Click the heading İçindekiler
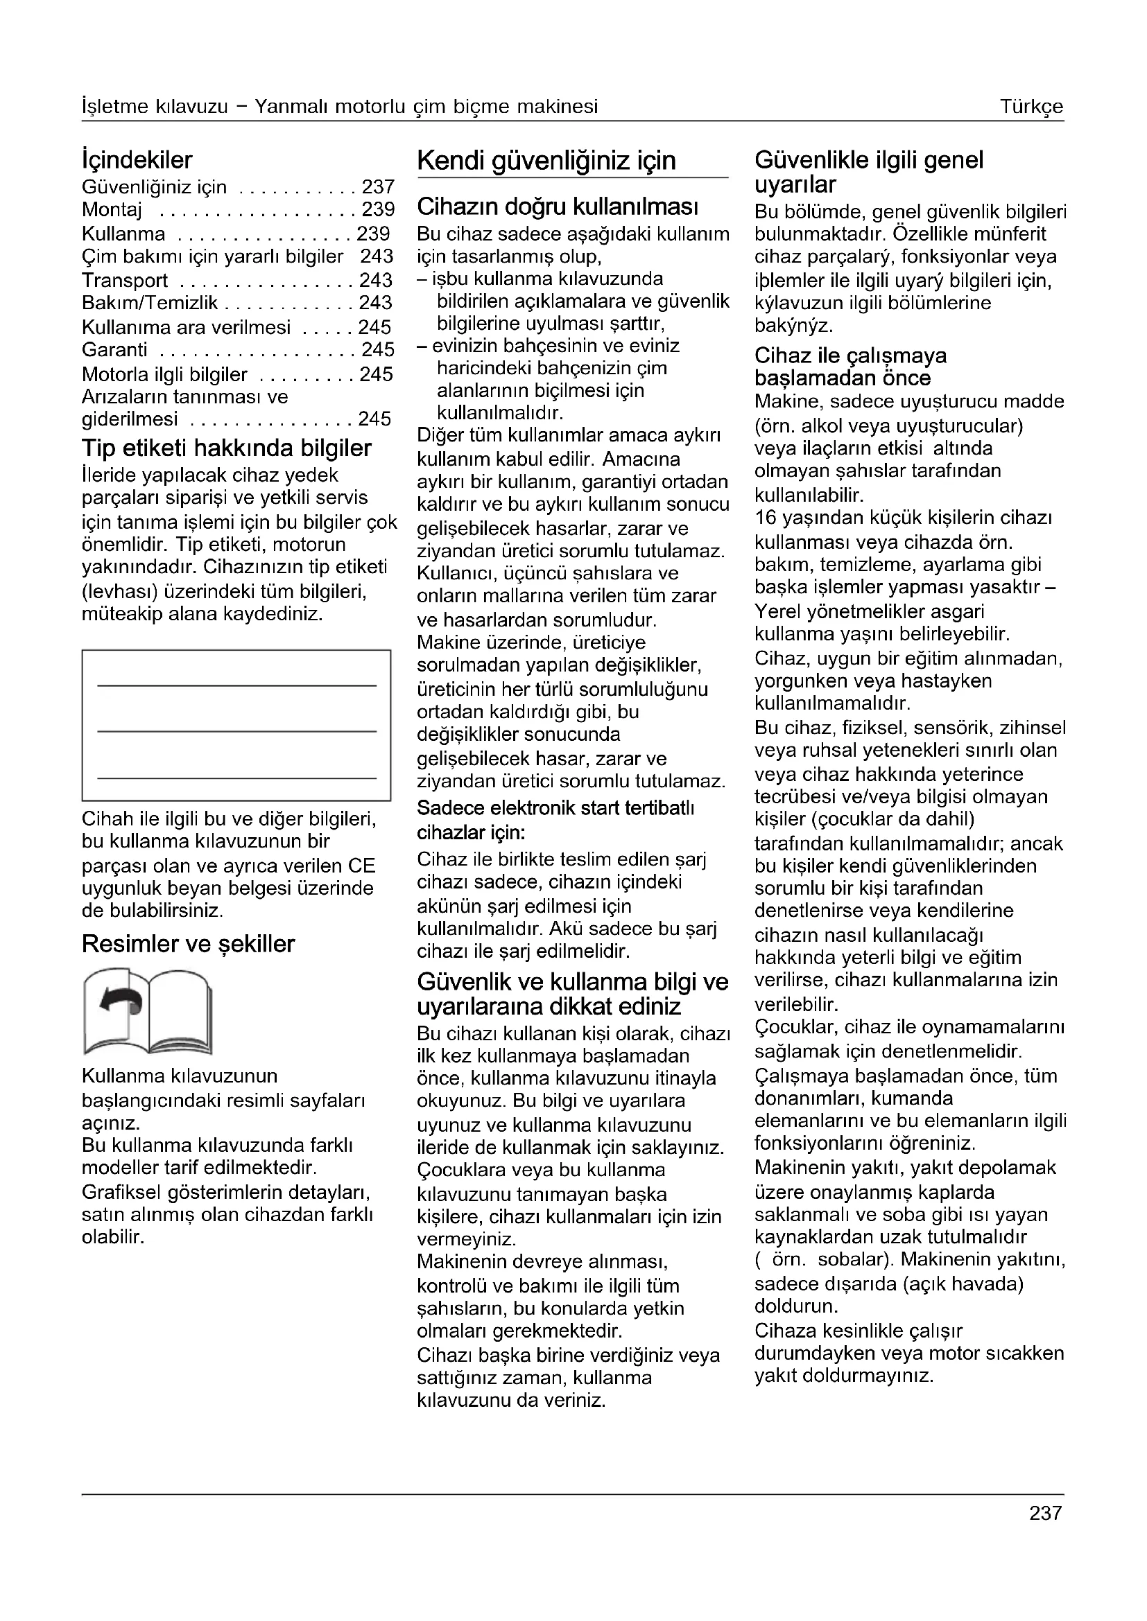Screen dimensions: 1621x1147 click(x=137, y=160)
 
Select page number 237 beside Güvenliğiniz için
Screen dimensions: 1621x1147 click(x=378, y=187)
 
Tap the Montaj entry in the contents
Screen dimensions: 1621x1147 click(x=112, y=210)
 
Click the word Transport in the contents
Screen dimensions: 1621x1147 click(x=125, y=280)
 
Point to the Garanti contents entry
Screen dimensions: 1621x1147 click(x=114, y=349)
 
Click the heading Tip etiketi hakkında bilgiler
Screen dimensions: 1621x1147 click(x=227, y=448)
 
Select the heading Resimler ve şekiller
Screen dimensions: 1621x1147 click(x=188, y=944)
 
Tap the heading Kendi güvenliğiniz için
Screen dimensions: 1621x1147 click(x=546, y=161)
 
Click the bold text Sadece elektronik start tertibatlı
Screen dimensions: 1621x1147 click(x=556, y=807)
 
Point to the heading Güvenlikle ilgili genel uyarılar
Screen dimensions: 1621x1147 click(x=869, y=172)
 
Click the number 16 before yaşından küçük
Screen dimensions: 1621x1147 click(x=766, y=518)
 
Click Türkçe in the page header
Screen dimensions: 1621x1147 click(x=1031, y=107)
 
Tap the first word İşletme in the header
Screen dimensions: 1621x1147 click(x=115, y=107)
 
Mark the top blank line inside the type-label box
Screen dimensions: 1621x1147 click(x=236, y=685)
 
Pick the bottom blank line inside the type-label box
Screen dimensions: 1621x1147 click(x=236, y=778)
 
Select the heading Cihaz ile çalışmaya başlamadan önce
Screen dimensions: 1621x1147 click(x=850, y=367)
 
